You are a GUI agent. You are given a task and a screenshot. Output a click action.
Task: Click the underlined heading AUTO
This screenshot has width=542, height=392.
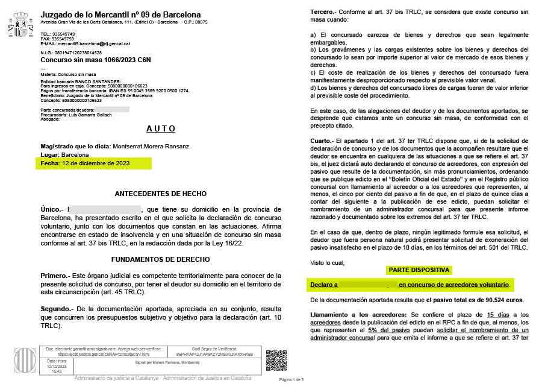pos(161,129)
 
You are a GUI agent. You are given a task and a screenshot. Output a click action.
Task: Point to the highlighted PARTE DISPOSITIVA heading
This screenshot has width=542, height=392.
pos(419,270)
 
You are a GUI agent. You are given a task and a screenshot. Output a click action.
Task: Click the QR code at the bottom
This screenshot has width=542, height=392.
pos(276,360)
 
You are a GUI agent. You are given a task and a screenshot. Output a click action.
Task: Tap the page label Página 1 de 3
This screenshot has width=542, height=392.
pos(291,380)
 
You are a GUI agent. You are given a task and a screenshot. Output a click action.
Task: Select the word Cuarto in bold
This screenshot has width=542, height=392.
pos(323,141)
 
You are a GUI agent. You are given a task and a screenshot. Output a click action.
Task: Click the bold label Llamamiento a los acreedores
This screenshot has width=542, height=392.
pos(358,315)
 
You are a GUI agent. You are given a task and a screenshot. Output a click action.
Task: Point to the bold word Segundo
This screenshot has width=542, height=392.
pos(57,308)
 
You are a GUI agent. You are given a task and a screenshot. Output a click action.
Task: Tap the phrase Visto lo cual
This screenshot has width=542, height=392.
pos(328,262)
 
